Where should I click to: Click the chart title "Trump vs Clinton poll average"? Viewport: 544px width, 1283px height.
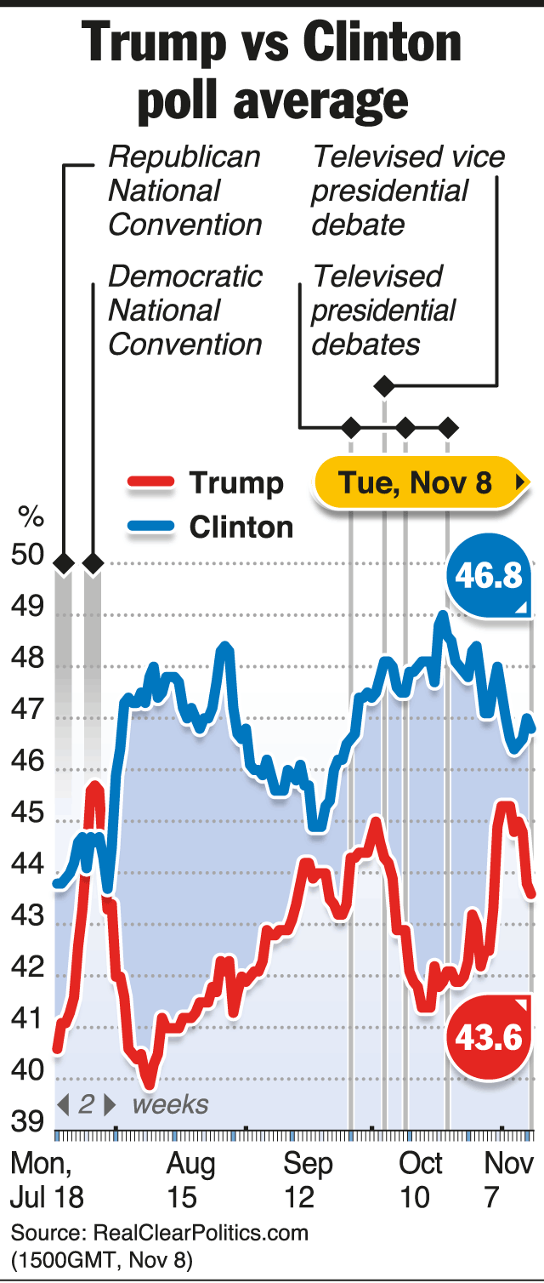click(272, 71)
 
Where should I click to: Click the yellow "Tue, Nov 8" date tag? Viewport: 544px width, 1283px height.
click(416, 483)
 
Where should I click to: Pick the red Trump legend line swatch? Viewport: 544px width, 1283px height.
click(151, 483)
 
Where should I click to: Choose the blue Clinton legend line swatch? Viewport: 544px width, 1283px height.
click(151, 527)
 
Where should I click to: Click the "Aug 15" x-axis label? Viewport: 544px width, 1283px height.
click(191, 1180)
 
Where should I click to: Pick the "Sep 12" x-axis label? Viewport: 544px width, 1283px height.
click(308, 1180)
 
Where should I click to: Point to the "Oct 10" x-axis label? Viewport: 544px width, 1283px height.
click(422, 1180)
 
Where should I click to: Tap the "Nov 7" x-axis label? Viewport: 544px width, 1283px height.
click(508, 1180)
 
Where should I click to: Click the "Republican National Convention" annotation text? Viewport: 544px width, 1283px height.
click(185, 191)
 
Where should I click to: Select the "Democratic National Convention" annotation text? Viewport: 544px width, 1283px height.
click(185, 310)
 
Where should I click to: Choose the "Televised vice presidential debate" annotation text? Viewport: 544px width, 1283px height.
click(406, 191)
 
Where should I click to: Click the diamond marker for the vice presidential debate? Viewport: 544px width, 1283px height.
click(384, 387)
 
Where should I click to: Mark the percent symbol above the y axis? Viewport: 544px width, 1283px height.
click(31, 516)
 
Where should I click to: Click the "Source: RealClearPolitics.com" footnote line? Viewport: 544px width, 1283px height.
click(160, 1232)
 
